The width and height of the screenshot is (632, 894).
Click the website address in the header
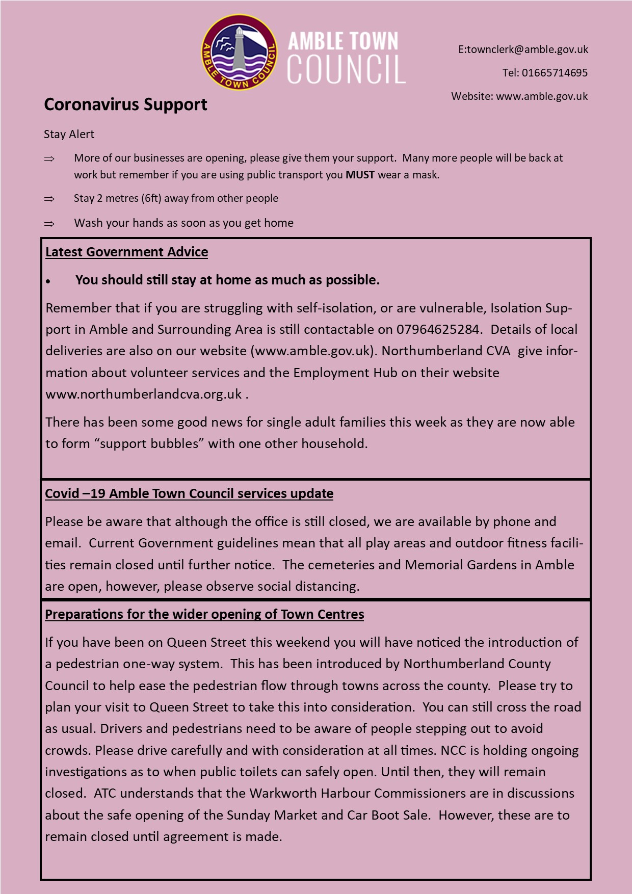542,96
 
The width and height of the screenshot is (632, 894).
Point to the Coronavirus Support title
125,104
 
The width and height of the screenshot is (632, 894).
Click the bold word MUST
360,175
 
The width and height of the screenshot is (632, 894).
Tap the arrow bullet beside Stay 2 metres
49,199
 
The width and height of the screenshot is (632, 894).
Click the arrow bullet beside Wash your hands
49,224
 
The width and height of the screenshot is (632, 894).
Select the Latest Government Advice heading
126,252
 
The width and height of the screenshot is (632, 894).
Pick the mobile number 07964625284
438,330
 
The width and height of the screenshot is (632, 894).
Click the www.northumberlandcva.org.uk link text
144,395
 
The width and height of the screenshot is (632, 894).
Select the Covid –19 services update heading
189,494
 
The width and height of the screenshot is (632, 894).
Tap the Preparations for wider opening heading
204,615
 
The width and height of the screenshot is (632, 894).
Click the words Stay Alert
69,135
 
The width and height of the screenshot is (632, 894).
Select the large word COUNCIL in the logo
346,69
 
